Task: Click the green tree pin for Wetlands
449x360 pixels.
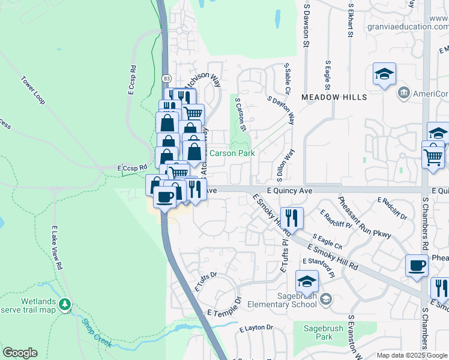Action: click(x=65, y=305)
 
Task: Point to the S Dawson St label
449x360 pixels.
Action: click(x=306, y=25)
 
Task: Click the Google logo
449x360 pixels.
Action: click(x=20, y=353)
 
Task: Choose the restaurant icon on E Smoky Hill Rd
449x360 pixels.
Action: click(x=292, y=217)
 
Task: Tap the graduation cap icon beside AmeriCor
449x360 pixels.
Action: click(x=384, y=74)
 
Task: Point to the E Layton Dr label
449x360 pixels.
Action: click(x=256, y=328)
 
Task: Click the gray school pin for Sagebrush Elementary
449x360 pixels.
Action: click(x=326, y=299)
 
